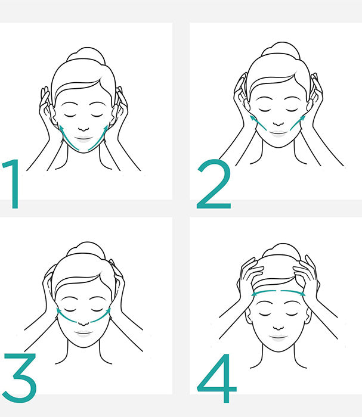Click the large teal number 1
click(x=13, y=183)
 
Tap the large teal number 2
click(x=214, y=183)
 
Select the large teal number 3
click(x=20, y=378)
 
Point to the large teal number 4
click(x=217, y=378)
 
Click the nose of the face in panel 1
click(x=83, y=129)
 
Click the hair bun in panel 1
click(x=86, y=55)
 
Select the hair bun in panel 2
click(x=280, y=49)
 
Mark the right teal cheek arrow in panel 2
click(x=298, y=122)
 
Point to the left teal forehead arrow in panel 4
click(x=264, y=292)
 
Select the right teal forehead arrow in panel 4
click(x=293, y=292)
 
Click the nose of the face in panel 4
click(x=279, y=328)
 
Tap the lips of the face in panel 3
click(x=83, y=332)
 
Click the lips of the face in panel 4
click(x=279, y=337)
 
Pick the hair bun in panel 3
click(x=86, y=249)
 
